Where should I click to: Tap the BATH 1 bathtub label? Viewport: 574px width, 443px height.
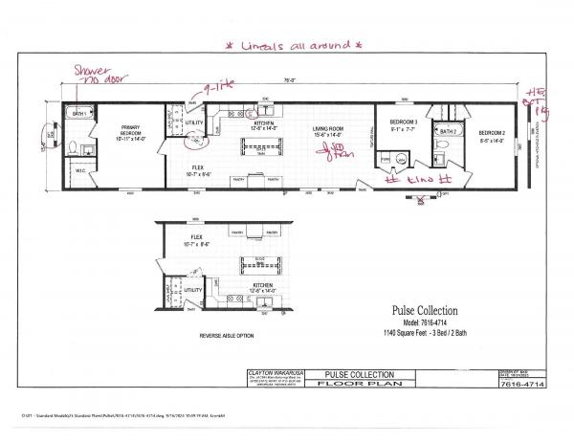click(80, 114)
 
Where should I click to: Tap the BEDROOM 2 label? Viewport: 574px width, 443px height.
click(494, 132)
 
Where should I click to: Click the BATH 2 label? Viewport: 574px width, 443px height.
click(447, 130)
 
